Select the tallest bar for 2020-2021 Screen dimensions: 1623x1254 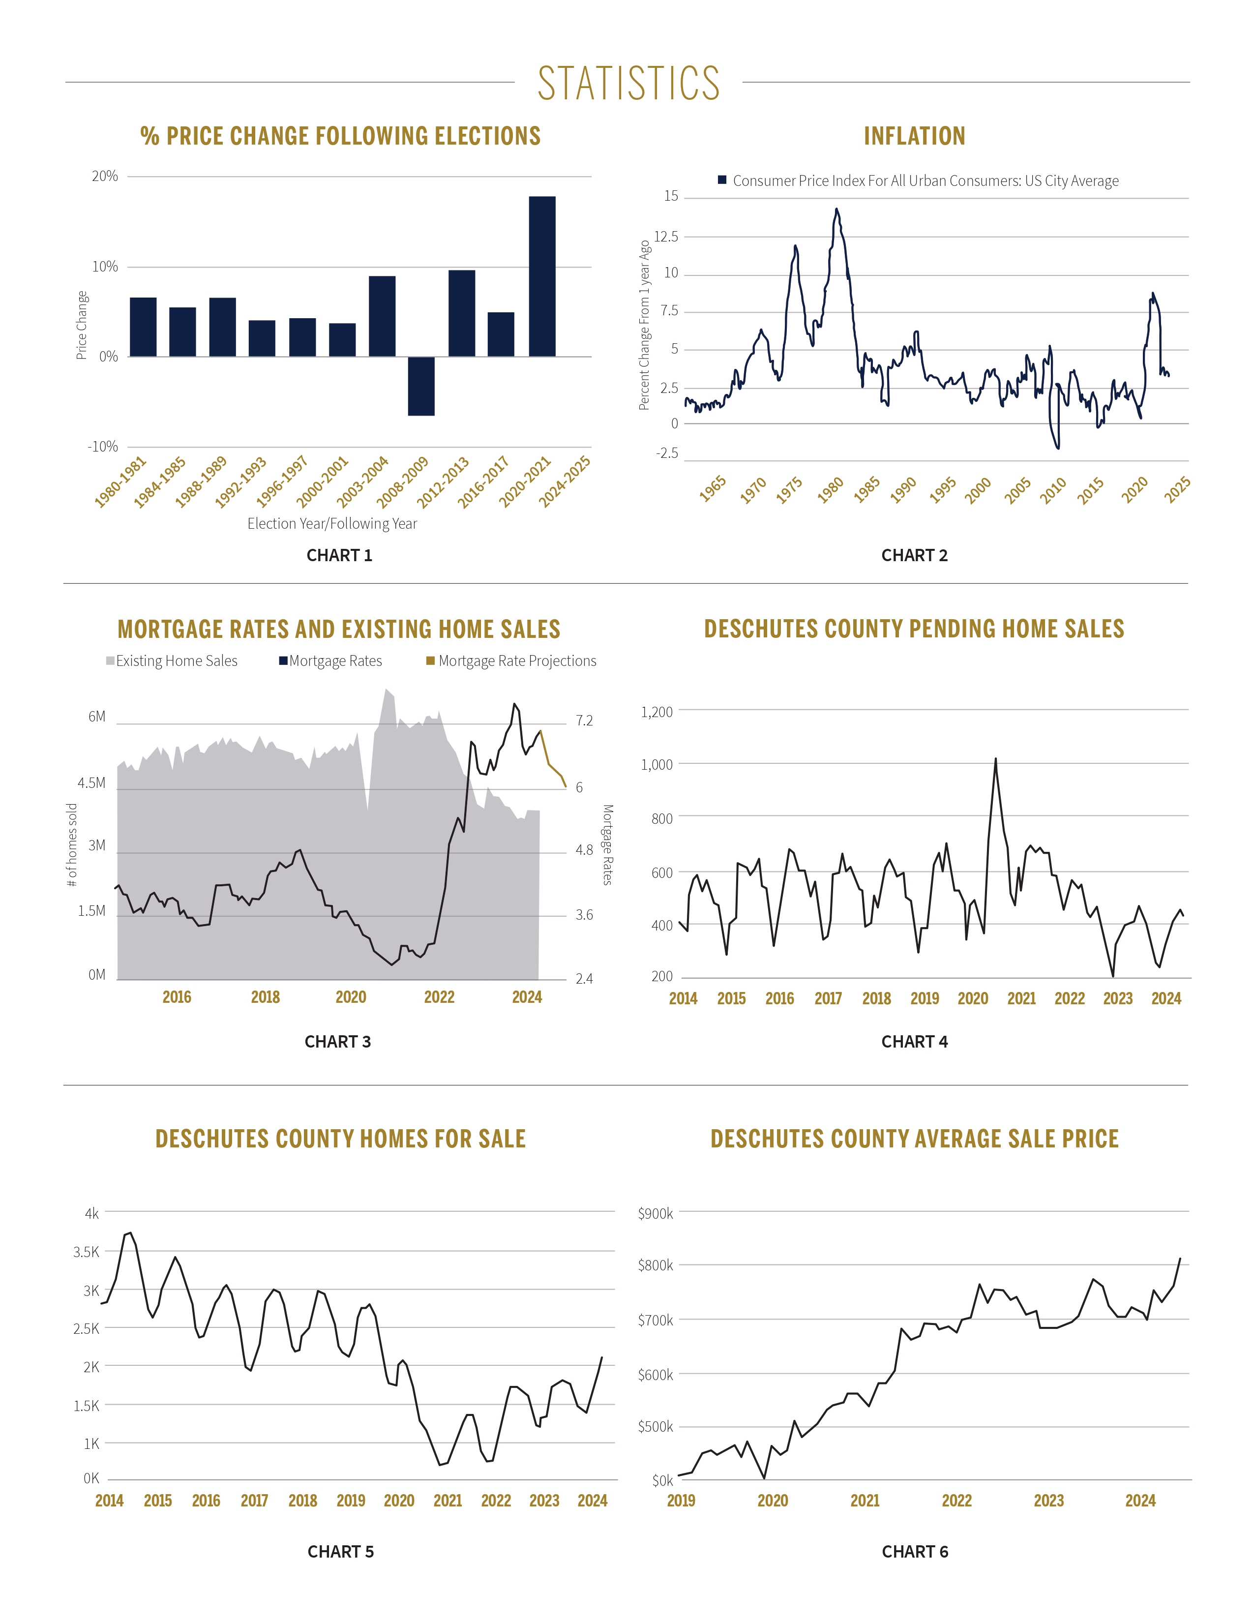pos(541,276)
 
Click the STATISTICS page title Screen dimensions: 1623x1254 pos(628,83)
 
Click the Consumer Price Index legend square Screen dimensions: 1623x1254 pos(721,180)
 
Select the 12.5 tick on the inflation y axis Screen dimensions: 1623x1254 pos(666,236)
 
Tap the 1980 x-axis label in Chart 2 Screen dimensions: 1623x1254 pos(830,489)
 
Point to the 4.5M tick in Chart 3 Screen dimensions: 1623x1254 pos(91,782)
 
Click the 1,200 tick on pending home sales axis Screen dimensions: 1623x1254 pos(657,712)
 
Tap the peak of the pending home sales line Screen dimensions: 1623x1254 pos(995,759)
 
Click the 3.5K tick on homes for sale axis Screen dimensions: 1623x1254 pos(86,1252)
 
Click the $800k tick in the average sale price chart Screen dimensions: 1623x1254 pos(655,1265)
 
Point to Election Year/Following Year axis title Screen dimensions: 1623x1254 pos(332,523)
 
